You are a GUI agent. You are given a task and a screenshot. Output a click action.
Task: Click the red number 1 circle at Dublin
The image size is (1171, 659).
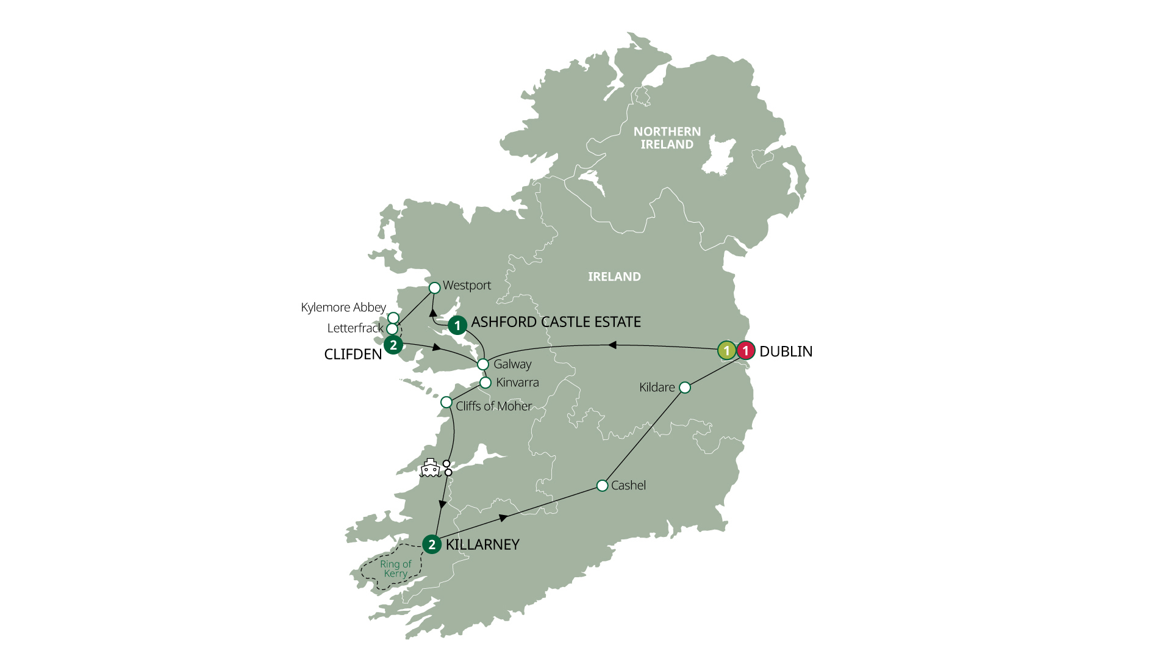click(x=745, y=351)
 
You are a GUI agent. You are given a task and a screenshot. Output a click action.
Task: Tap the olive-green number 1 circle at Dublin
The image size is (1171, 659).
click(x=726, y=351)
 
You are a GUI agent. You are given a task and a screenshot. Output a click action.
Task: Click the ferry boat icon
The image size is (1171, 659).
click(x=430, y=468)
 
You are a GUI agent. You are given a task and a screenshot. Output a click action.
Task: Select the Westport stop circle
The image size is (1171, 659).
click(x=434, y=287)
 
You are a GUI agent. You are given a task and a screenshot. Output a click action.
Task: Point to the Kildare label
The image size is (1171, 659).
click(x=657, y=387)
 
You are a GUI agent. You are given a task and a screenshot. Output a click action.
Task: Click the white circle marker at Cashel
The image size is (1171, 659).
click(x=602, y=486)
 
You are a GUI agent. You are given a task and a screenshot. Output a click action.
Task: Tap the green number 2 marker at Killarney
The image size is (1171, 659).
click(x=432, y=544)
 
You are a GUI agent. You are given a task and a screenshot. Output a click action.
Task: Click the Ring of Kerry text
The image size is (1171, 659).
click(x=395, y=569)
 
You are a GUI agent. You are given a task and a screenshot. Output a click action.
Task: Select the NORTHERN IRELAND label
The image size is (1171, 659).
click(x=667, y=138)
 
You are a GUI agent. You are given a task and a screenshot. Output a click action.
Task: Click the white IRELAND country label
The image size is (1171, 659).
click(x=614, y=277)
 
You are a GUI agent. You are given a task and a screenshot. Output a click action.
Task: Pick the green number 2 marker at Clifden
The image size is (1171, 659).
click(x=393, y=345)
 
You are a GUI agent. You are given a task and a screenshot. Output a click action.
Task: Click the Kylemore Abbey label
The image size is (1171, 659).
click(x=343, y=308)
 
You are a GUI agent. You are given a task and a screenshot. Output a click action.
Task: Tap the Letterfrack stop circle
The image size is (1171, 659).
click(x=393, y=329)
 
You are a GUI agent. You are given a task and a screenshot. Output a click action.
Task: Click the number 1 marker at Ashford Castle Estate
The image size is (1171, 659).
click(x=457, y=326)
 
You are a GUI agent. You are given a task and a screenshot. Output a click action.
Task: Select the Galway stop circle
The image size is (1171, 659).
click(x=482, y=364)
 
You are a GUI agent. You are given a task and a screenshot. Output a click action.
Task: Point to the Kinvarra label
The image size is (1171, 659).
click(x=517, y=383)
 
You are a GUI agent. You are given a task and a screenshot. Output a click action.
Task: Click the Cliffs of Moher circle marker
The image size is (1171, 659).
click(x=446, y=403)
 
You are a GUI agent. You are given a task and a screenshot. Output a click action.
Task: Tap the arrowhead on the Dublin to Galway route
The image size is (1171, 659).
click(x=612, y=345)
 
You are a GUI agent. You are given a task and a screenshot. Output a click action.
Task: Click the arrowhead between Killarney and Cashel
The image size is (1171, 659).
click(x=503, y=518)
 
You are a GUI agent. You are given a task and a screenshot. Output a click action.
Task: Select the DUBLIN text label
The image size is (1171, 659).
click(x=786, y=351)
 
